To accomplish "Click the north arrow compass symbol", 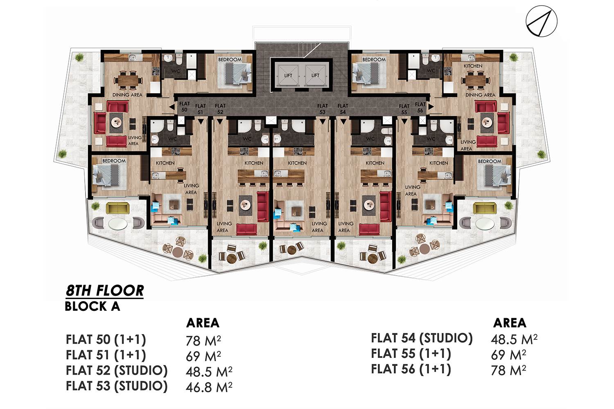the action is click(542, 21).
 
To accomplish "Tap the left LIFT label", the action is click(288, 75).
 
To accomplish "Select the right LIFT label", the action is click(315, 75).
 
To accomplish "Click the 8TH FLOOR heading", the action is click(105, 291).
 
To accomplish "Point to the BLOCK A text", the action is click(93, 306).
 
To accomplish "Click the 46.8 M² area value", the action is click(209, 387).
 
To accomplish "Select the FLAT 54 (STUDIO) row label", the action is click(422, 338).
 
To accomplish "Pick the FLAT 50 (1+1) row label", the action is click(106, 339).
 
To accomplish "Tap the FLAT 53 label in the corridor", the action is click(323, 109).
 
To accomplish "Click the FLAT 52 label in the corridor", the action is click(220, 109).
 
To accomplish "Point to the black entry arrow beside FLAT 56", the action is click(431, 107).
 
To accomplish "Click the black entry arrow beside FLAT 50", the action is click(172, 107).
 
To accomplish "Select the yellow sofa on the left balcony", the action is click(117, 209).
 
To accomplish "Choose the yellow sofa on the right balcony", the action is click(485, 208).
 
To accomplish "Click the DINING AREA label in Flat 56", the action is click(480, 95).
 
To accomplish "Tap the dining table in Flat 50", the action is click(128, 80).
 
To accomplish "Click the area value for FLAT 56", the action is click(508, 371).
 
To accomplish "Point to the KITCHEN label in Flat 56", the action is click(473, 66).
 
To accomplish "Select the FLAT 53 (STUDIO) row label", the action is click(117, 386).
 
